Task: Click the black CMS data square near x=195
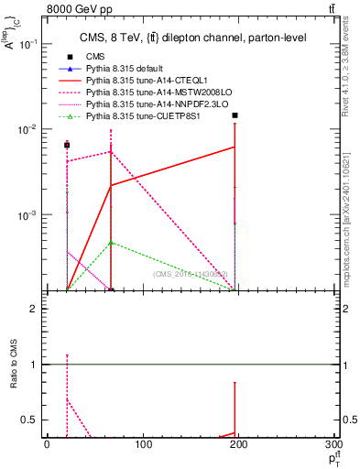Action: [x=235, y=115]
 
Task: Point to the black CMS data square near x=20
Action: [x=67, y=145]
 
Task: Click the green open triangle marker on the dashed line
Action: [x=111, y=243]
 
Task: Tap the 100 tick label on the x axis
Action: [x=142, y=444]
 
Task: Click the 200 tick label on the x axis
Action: [x=239, y=444]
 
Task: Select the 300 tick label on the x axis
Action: [x=335, y=444]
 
